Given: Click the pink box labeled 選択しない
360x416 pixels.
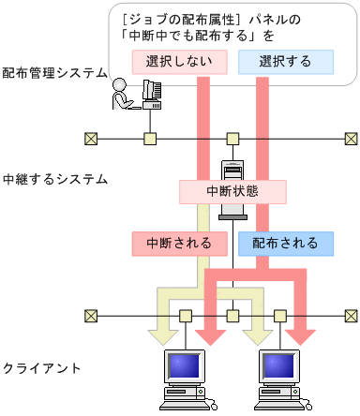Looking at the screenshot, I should (173, 62).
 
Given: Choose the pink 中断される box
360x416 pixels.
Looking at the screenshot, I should (178, 243).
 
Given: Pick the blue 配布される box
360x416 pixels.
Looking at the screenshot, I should (285, 243).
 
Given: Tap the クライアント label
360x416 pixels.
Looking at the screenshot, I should (41, 367).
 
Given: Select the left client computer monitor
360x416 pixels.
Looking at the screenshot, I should (184, 367).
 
